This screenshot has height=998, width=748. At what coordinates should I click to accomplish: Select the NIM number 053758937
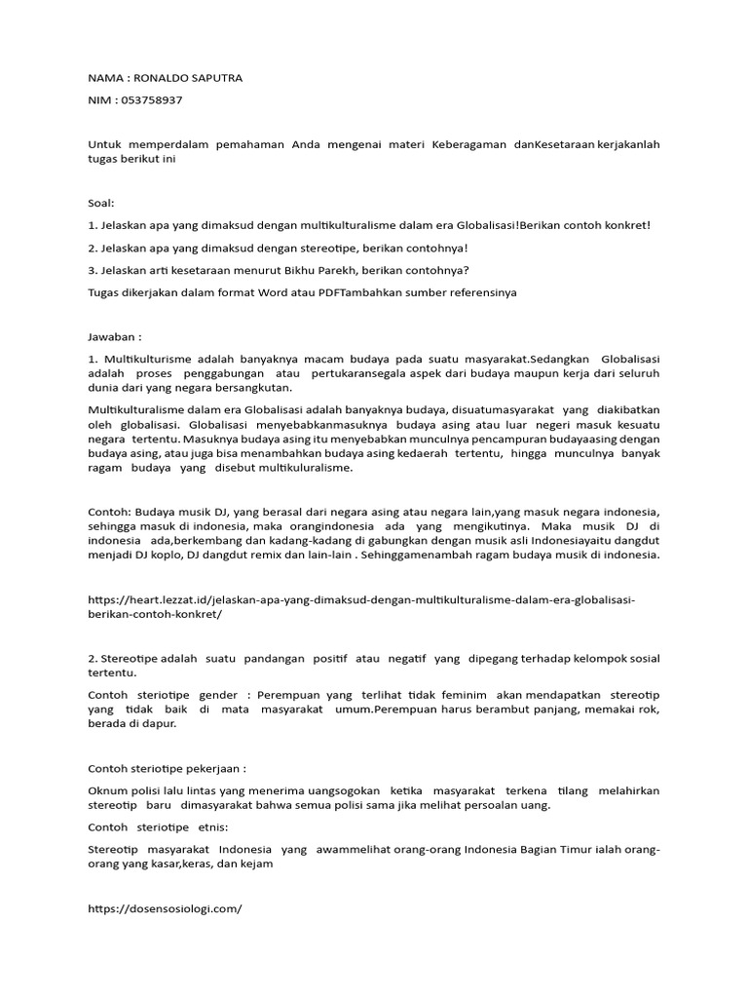coord(151,99)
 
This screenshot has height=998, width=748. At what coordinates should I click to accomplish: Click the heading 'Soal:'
coord(100,203)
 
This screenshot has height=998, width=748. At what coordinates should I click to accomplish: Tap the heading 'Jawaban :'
coord(115,336)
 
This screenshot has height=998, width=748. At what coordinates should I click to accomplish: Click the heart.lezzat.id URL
coord(360,606)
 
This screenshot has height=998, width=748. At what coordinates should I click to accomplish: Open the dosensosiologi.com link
coord(164,907)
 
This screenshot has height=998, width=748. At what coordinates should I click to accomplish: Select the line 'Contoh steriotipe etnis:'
coord(158,826)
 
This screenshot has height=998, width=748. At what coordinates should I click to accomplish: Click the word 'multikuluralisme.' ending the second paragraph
coord(304,468)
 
